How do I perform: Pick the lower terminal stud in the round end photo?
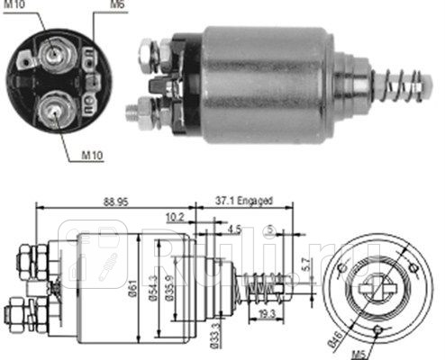[x=55, y=110]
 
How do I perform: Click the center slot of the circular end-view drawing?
[x=375, y=287]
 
